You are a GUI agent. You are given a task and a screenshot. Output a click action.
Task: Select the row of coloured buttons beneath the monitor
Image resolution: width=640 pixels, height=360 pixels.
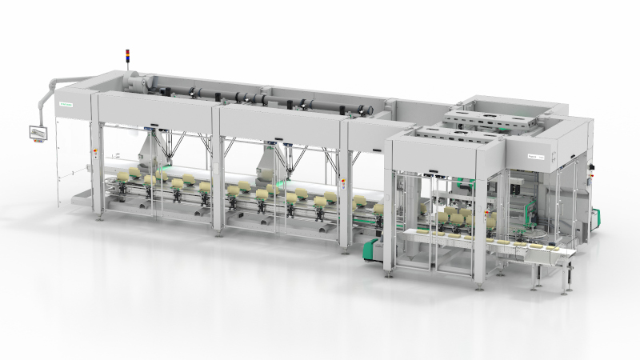point(38,142)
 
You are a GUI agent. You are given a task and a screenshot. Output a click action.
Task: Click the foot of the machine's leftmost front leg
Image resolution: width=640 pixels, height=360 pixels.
point(99,216)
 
